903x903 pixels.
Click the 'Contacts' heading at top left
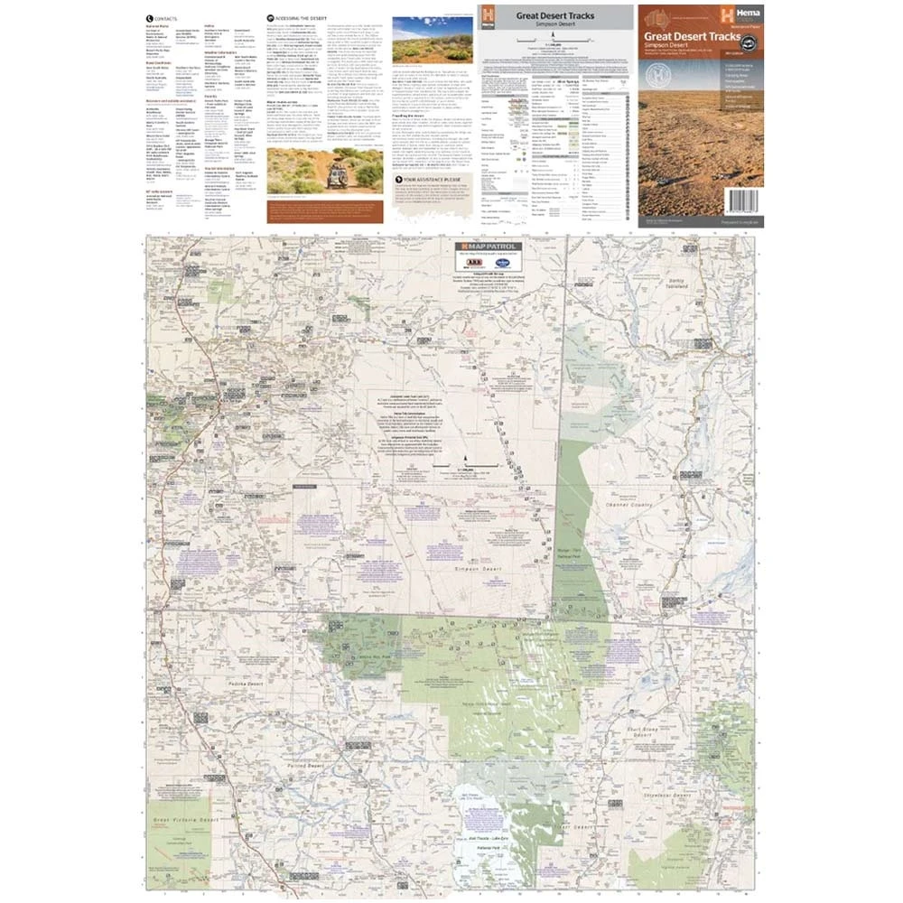[x=166, y=18]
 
